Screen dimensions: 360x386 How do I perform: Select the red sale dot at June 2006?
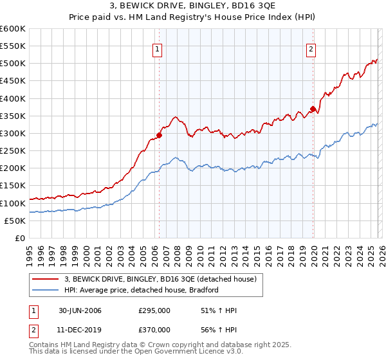tap(160, 135)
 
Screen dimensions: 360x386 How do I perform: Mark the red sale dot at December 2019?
tap(313, 109)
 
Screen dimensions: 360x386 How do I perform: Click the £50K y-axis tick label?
tap(15, 221)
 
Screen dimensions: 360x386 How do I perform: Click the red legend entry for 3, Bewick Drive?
tap(161, 279)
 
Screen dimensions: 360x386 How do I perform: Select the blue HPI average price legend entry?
tap(142, 290)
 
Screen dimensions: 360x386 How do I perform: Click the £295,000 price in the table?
tap(154, 310)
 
